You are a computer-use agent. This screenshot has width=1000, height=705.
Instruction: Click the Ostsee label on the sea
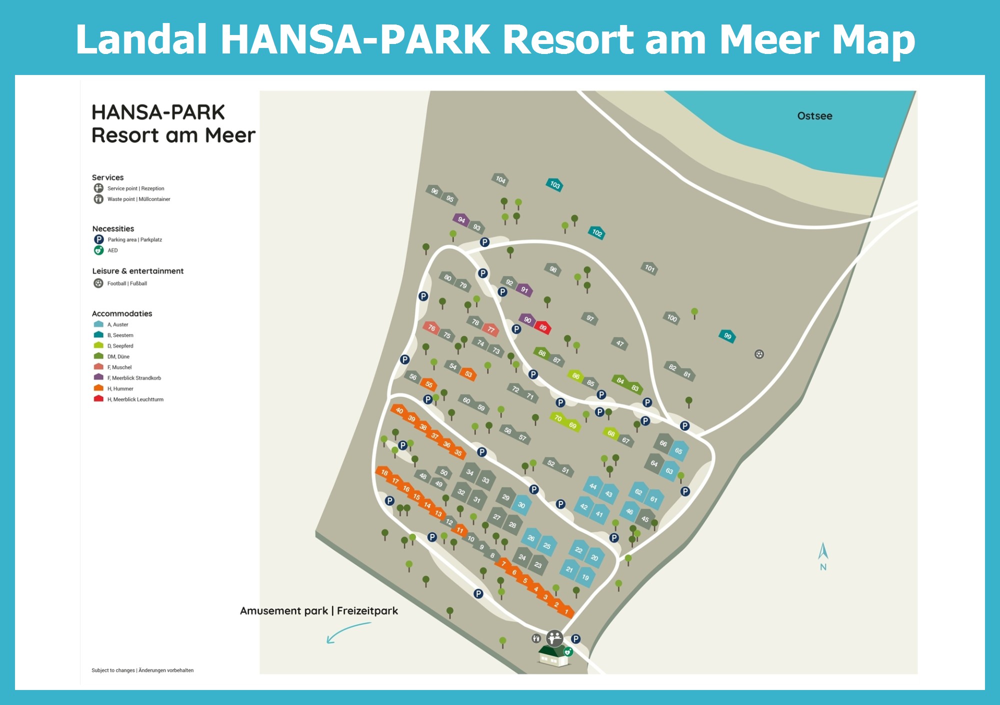point(814,116)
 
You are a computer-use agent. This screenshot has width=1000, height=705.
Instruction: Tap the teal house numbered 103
point(554,184)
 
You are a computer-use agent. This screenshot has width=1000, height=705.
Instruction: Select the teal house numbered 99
point(727,336)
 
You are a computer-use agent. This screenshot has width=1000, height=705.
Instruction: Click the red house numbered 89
point(543,327)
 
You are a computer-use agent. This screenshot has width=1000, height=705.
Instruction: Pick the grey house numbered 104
point(500,179)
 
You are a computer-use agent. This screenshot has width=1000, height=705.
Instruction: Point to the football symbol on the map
point(759,354)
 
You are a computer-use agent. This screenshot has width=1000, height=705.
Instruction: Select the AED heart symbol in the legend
point(99,250)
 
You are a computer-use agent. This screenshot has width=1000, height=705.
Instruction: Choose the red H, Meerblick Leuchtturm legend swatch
point(98,399)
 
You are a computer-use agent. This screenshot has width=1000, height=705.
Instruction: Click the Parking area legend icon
point(99,239)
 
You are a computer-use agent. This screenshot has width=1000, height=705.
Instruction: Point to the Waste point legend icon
point(98,199)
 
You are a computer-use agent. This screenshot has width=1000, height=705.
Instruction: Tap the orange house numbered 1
point(566,611)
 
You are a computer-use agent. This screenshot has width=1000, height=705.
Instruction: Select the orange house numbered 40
point(399,410)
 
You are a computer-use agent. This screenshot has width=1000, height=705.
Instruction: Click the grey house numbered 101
point(649,268)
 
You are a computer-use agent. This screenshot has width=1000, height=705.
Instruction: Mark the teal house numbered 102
point(597,232)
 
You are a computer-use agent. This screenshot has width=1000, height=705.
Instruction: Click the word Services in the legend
point(107,177)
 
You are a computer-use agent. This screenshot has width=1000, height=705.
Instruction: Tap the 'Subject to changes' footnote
point(142,670)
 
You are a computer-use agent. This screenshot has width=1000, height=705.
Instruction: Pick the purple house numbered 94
point(461,219)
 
